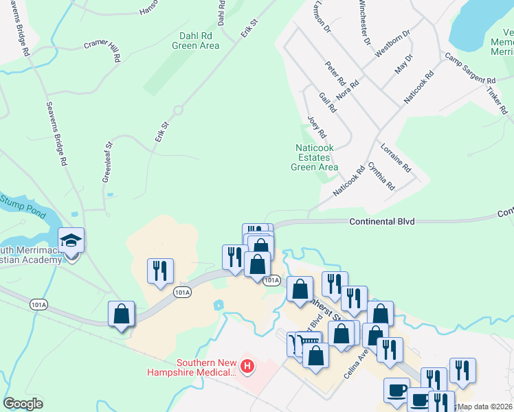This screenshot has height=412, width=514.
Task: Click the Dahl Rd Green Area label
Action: pyautogui.click(x=199, y=41)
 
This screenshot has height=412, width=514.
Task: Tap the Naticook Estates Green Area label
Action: pyautogui.click(x=315, y=157)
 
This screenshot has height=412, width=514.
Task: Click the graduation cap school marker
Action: pyautogui.click(x=71, y=240)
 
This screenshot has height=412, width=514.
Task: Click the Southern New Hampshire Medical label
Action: pyautogui.click(x=192, y=368)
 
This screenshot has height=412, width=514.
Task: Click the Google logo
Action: pyautogui.click(x=23, y=404)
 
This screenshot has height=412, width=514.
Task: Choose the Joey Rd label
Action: pyautogui.click(x=317, y=125)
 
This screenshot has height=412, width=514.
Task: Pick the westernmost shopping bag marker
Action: pyautogui.click(x=121, y=314)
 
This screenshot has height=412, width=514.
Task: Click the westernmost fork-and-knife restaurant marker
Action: pyautogui.click(x=159, y=271)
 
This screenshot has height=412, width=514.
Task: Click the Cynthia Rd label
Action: pyautogui.click(x=381, y=176)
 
